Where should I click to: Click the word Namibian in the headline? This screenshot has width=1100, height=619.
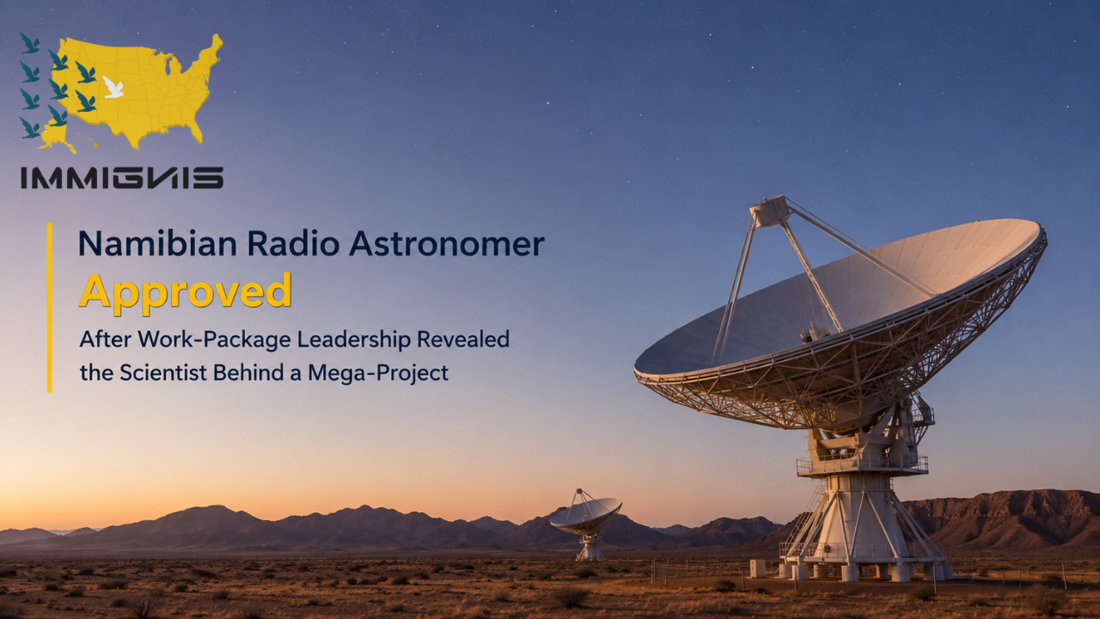coord(157,243)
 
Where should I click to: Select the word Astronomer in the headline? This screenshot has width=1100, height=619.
coord(447,243)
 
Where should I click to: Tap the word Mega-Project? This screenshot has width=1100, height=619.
coord(378,373)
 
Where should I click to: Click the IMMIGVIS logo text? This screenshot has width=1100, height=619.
coord(122,177)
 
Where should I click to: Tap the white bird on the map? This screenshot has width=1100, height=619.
coord(113,87)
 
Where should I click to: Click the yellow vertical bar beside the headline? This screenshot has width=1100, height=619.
coord(50,308)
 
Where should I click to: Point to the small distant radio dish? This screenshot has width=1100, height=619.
coord(587,524)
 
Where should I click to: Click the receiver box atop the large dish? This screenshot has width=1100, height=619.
coord(769,211)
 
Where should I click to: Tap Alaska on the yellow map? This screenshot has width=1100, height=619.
coord(55,138)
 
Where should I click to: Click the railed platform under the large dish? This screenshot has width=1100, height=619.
coord(862,465)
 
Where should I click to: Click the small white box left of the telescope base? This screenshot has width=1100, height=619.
coord(757,568)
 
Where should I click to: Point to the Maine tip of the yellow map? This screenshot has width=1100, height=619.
coord(215,40)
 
